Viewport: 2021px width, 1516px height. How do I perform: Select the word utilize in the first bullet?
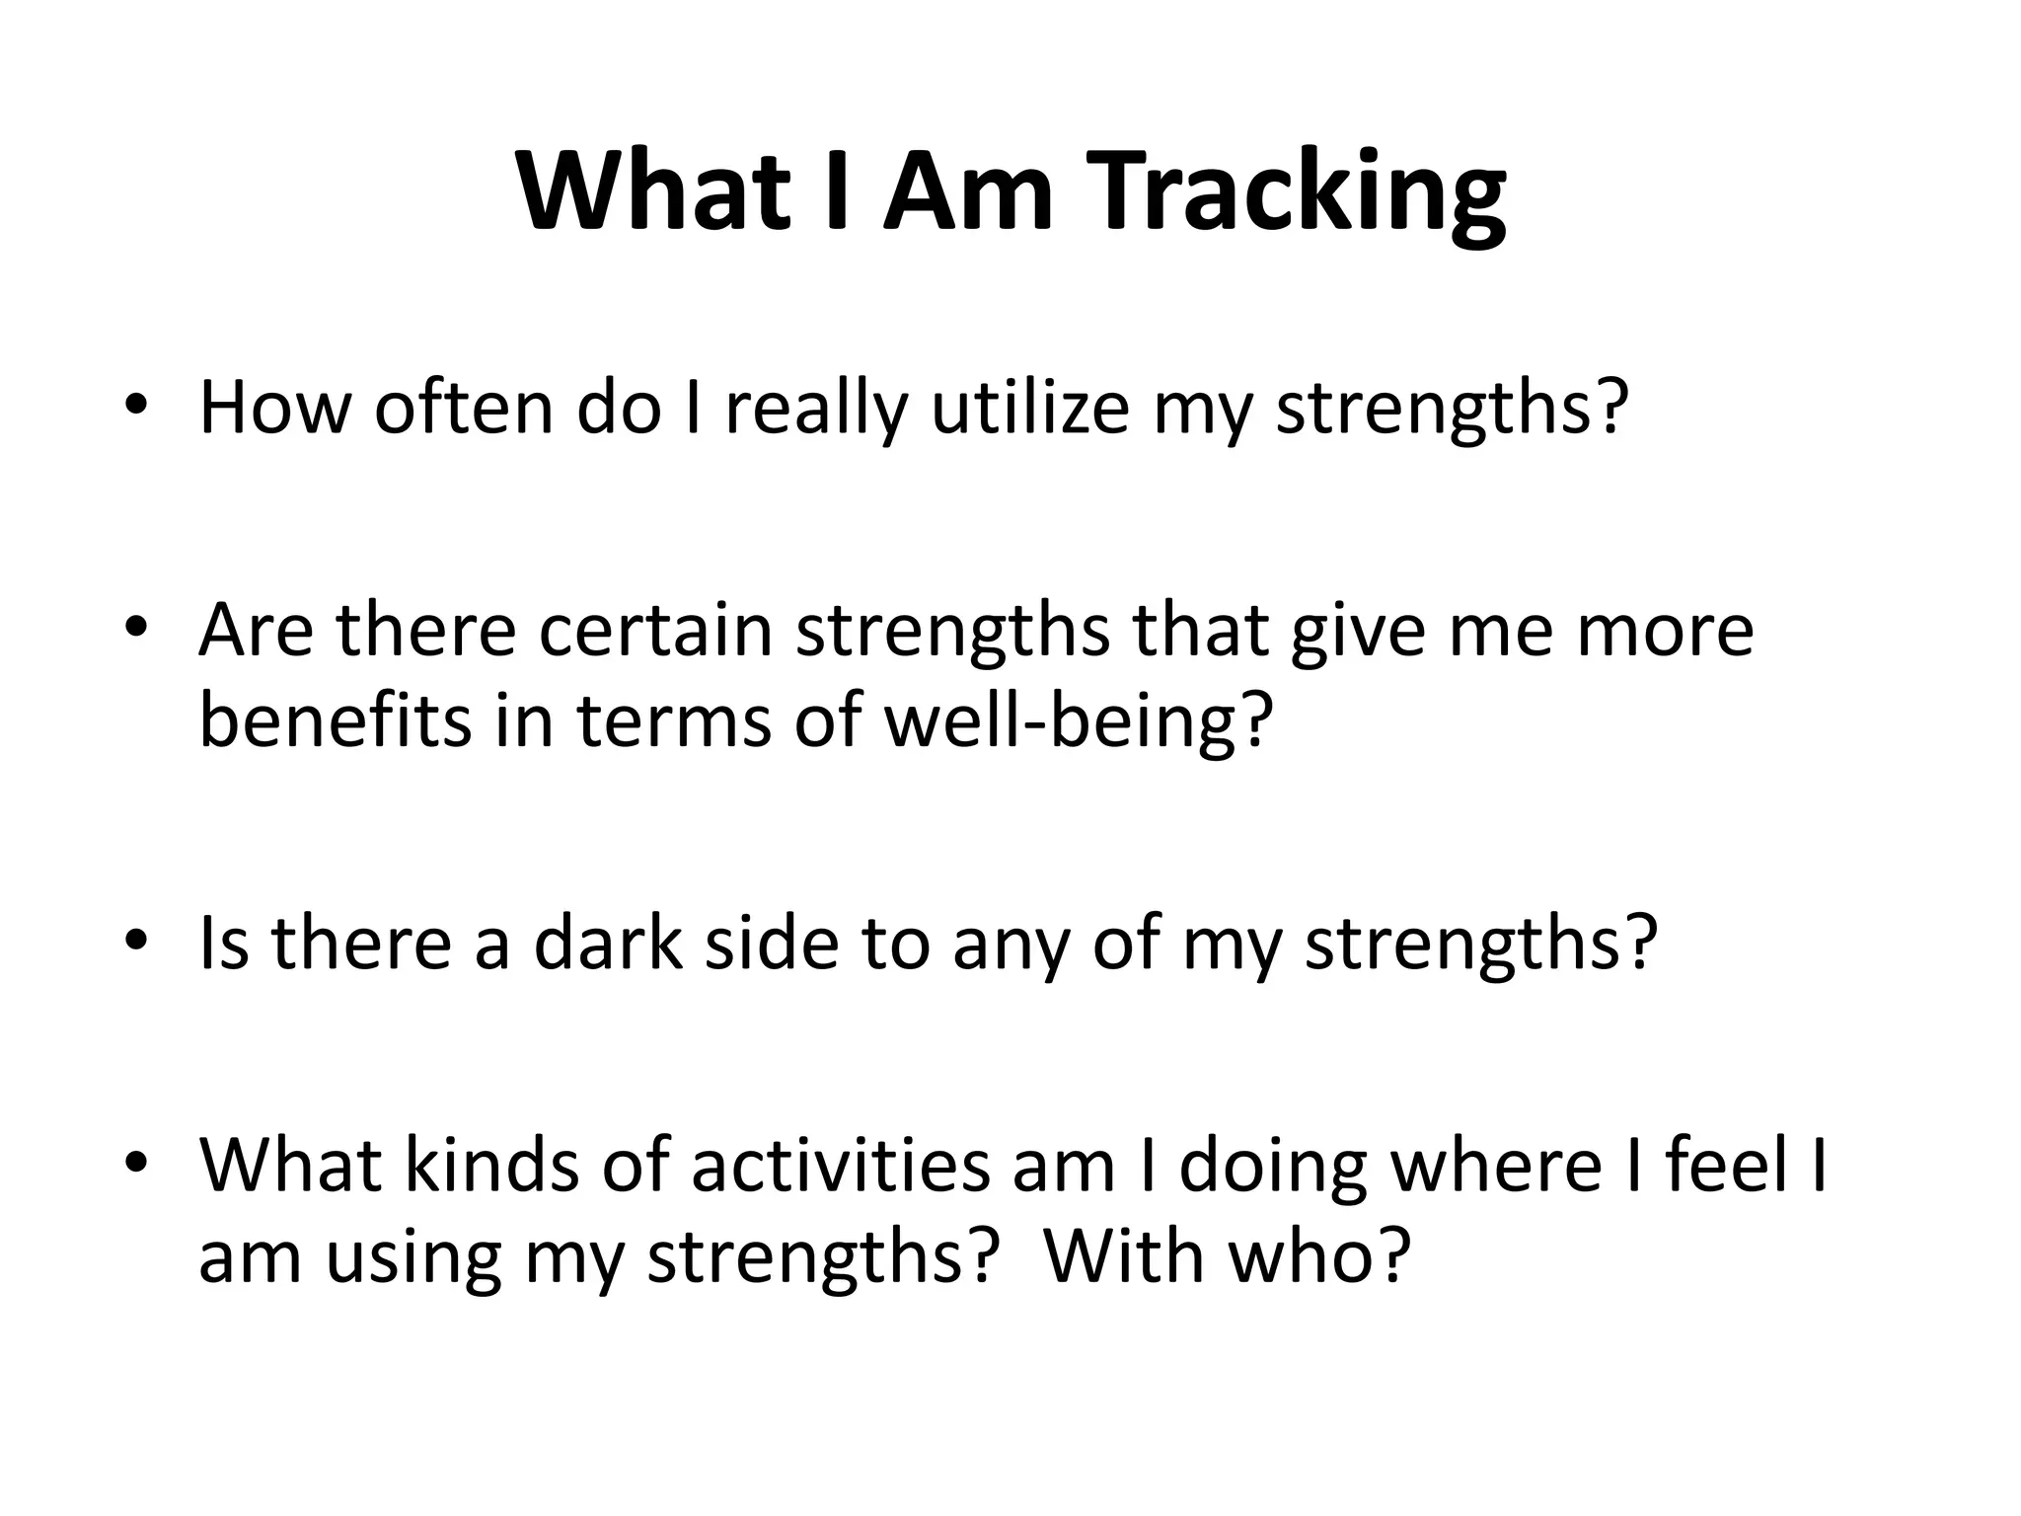coord(1030,408)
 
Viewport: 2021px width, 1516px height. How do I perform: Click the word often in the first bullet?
coord(464,408)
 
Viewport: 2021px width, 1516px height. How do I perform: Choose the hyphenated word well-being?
coord(1074,720)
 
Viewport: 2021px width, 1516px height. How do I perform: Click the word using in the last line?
coord(413,1256)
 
